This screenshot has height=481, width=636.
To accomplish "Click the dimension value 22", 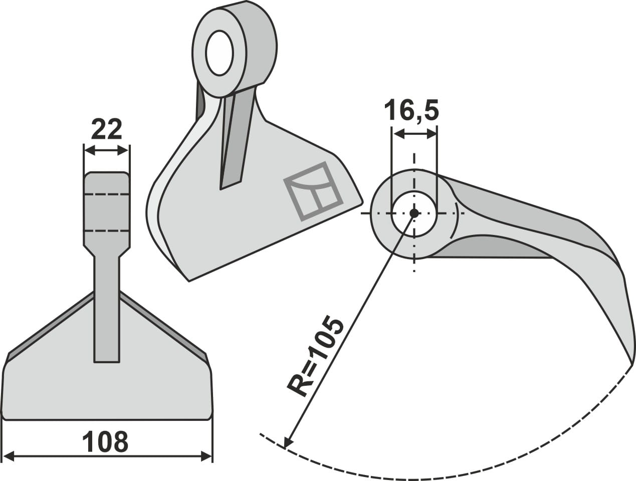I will click(x=107, y=130).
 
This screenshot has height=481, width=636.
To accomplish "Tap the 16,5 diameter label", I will click(x=411, y=111).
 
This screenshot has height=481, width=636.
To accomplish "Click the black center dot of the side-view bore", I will click(x=414, y=213).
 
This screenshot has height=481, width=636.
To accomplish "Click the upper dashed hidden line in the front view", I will click(x=107, y=194).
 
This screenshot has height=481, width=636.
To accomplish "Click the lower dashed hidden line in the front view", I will click(x=107, y=230).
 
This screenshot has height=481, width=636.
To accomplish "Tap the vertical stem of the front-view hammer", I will click(x=107, y=311).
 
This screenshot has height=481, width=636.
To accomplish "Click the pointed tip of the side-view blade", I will click(x=630, y=362).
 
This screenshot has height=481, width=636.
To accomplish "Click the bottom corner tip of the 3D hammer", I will click(x=189, y=281).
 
